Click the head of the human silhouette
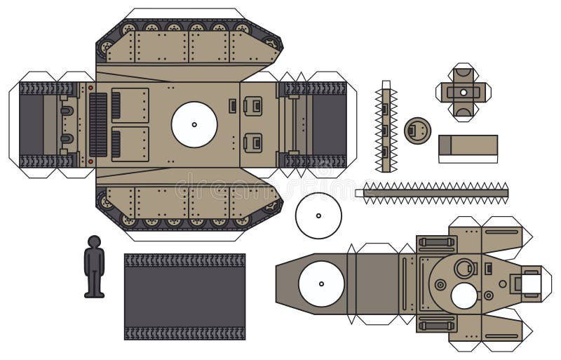(93, 241)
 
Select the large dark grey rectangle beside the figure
(184, 296)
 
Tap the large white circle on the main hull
(194, 124)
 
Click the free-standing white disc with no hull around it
(318, 215)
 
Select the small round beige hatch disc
(417, 129)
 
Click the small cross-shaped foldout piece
(463, 92)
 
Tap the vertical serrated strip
(385, 126)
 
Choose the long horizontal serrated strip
(435, 192)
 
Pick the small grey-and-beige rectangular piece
(468, 148)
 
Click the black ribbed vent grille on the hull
(97, 124)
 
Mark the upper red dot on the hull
(90, 88)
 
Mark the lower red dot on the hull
(90, 161)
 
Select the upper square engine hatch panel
(130, 105)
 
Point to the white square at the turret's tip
(530, 283)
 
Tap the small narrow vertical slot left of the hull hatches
(231, 106)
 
